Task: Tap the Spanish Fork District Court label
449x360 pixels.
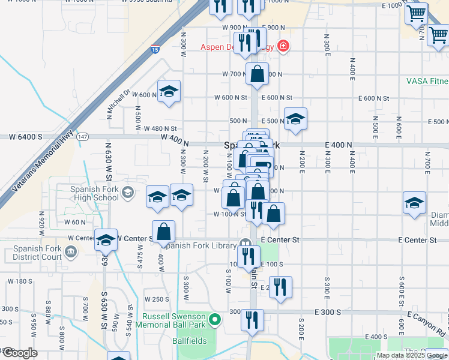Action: [x=36, y=253]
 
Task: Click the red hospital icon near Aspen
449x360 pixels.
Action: [x=282, y=47]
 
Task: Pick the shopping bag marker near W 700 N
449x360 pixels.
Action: [x=257, y=74]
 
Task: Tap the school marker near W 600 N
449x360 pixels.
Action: [x=169, y=91]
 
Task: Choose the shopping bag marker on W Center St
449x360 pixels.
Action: [x=163, y=232]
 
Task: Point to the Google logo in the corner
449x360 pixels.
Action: [x=20, y=353]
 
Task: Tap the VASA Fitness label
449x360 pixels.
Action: [x=427, y=80]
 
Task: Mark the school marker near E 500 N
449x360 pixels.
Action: [x=295, y=119]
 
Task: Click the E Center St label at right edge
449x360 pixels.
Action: [x=417, y=240]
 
